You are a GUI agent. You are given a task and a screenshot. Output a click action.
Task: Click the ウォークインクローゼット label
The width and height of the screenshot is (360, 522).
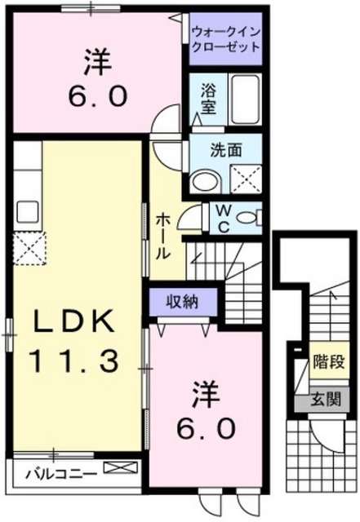click(226, 39)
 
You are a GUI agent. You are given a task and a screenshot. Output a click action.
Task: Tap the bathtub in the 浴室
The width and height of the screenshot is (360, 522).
click(246, 100)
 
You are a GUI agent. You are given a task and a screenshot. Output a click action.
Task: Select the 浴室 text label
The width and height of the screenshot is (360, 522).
click(208, 99)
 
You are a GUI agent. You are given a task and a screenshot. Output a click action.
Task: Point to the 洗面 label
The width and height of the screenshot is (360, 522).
click(225, 150)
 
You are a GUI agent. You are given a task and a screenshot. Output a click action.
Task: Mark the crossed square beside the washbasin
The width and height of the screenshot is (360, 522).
click(246, 179)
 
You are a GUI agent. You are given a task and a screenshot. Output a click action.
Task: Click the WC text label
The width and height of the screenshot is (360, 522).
click(224, 219)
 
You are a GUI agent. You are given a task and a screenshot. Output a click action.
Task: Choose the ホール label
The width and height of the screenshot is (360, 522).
click(163, 237)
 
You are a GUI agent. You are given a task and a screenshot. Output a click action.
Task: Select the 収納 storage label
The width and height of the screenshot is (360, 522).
click(182, 302)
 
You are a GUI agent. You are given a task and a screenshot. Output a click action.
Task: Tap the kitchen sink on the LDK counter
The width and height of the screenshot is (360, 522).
click(28, 211)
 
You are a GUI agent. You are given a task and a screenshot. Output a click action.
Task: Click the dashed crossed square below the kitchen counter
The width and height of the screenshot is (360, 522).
click(29, 248)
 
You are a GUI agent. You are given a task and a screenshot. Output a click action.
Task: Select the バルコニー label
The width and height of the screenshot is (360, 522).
click(62, 474)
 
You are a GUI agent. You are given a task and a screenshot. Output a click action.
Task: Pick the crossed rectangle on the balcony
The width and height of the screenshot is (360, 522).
click(120, 467)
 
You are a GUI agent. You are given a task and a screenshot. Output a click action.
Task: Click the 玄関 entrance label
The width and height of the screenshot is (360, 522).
click(326, 399)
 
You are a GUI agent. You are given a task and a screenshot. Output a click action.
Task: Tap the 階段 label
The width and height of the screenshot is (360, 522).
click(328, 361)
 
